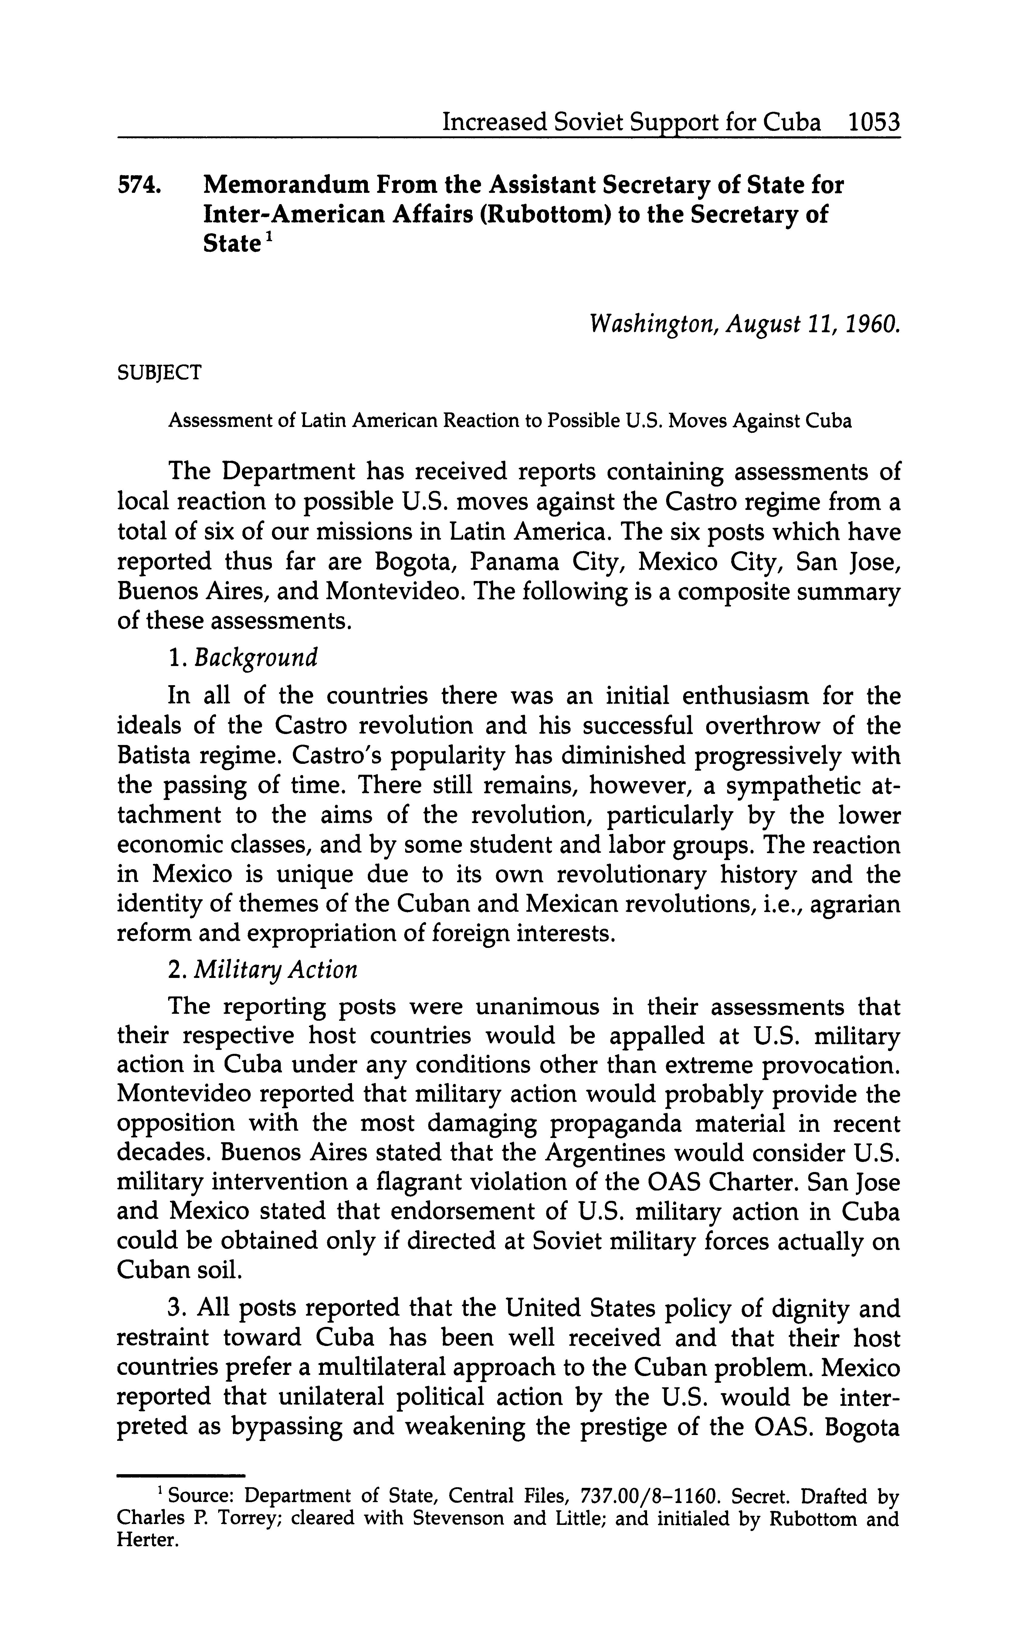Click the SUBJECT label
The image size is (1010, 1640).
pyautogui.click(x=159, y=372)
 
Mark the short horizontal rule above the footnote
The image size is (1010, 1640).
pyautogui.click(x=181, y=1474)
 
